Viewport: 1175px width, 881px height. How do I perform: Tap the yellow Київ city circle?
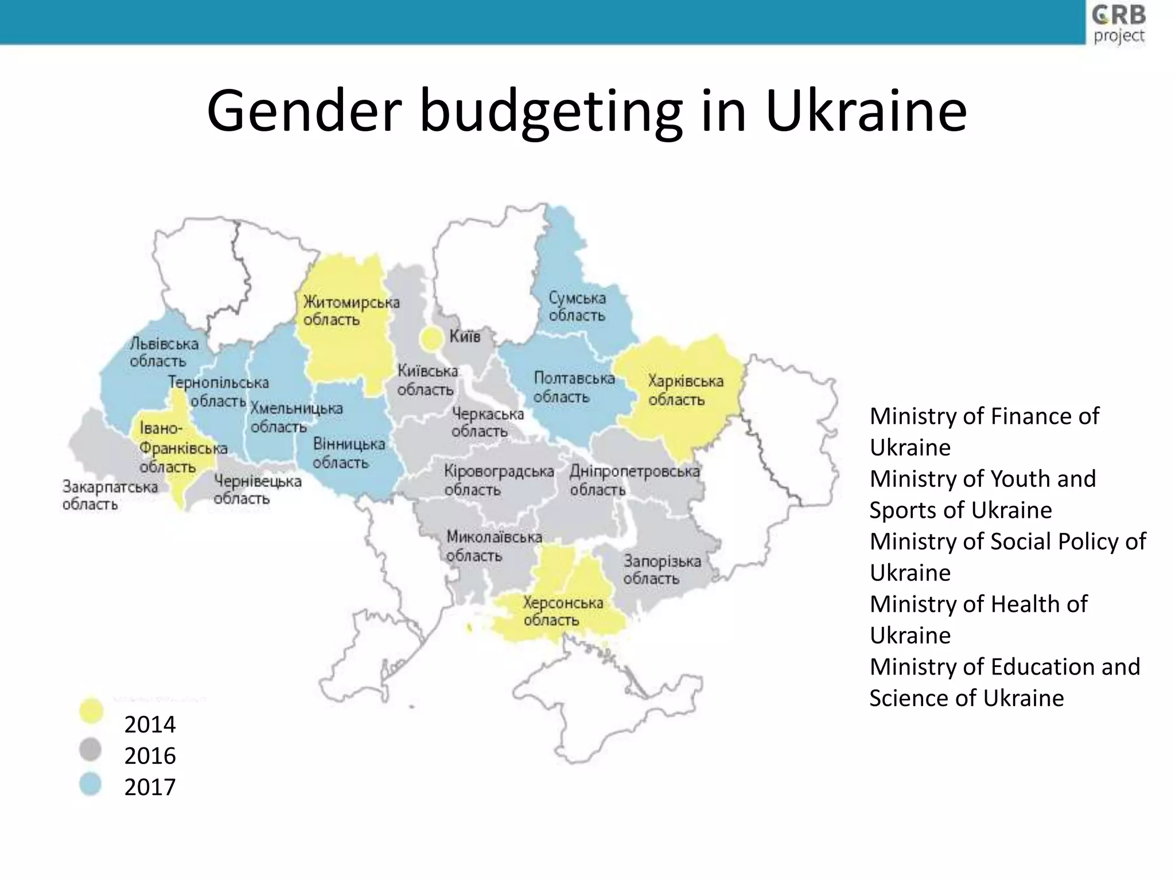tap(431, 338)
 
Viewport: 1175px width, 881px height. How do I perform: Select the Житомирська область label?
tap(351, 310)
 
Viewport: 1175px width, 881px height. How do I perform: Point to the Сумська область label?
tap(577, 306)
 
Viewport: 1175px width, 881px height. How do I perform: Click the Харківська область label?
tap(685, 390)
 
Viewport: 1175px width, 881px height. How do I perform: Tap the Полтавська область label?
tap(573, 387)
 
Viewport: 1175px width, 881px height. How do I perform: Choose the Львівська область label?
tap(163, 352)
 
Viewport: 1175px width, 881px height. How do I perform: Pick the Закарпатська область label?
tap(109, 495)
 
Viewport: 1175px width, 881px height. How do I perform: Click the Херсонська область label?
tap(562, 611)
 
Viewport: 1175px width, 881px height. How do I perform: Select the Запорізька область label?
tap(662, 569)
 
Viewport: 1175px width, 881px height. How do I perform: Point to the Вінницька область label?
tap(348, 453)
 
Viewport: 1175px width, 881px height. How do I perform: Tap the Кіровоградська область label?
tap(498, 480)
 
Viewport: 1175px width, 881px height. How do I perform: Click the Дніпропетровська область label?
tap(633, 480)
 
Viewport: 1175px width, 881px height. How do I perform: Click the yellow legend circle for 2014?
tap(91, 711)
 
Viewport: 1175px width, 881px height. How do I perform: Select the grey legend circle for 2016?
tap(91, 749)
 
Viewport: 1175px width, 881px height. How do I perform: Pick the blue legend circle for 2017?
tap(91, 784)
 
